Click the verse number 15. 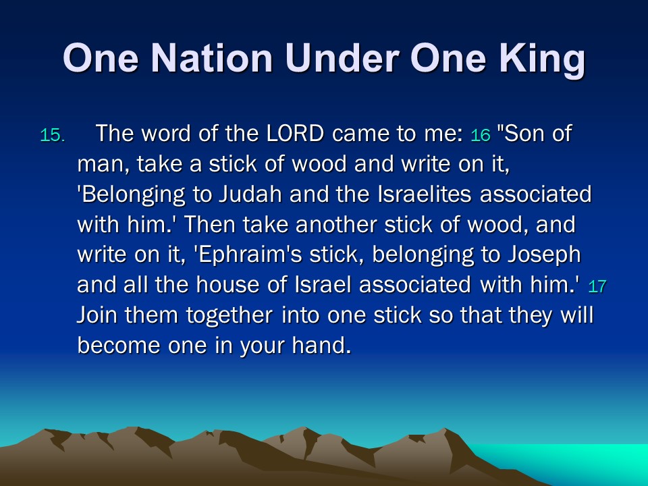pyautogui.click(x=53, y=136)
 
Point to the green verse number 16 pyautogui.click(x=480, y=136)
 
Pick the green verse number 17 pyautogui.click(x=597, y=286)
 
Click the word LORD pyautogui.click(x=295, y=133)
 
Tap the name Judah pyautogui.click(x=250, y=194)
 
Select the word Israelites pyautogui.click(x=425, y=194)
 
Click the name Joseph pyautogui.click(x=544, y=255)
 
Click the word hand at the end pyautogui.click(x=321, y=345)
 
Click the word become pyautogui.click(x=119, y=345)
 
